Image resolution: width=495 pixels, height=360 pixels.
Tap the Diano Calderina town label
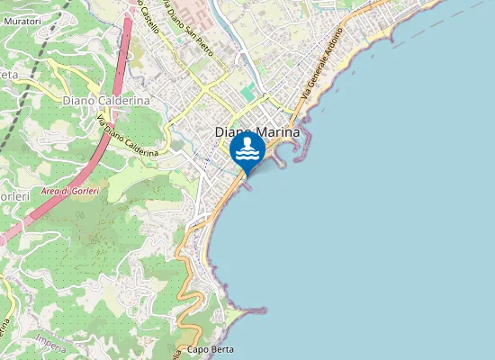(105, 101)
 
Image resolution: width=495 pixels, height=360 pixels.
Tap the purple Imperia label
(52, 340)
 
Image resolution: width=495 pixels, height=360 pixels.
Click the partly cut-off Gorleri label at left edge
(14, 195)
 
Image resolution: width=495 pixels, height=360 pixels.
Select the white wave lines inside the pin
(247, 156)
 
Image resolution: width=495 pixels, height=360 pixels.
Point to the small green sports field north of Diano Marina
(247, 93)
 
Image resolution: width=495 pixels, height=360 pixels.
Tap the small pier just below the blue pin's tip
(248, 179)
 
